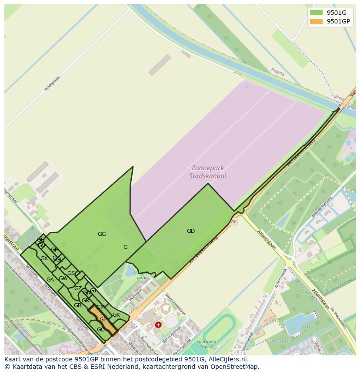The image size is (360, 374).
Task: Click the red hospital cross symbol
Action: [158, 324]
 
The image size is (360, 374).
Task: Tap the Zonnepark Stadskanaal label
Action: [208, 172]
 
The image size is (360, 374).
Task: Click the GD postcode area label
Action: [191, 231]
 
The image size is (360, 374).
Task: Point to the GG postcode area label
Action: [102, 234]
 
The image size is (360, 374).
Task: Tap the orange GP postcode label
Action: [103, 320]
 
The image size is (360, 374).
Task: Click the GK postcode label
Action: [116, 315]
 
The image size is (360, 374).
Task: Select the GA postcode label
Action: [50, 280]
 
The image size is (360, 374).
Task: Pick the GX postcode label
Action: [44, 258]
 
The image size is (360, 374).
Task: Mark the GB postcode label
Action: [77, 305]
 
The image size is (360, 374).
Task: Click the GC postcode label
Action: [100, 330]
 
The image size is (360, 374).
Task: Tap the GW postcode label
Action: [63, 278]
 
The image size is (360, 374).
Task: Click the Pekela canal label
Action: [277, 72]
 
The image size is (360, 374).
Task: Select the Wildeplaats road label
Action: [52, 83]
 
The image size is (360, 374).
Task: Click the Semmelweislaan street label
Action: [176, 304]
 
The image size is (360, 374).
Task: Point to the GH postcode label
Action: [55, 250]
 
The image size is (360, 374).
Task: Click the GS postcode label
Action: [71, 273]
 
